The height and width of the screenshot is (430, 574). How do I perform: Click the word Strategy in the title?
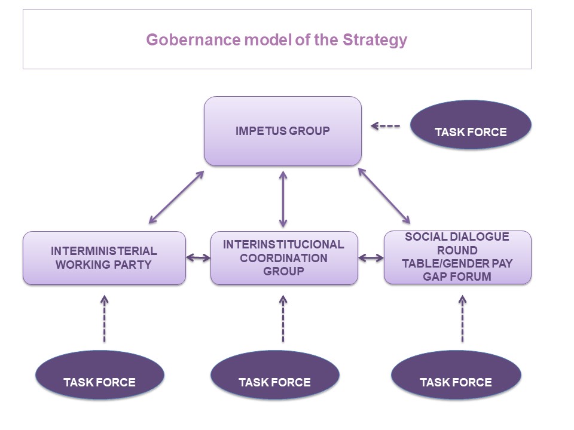click(x=375, y=41)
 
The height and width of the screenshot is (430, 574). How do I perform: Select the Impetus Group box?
click(x=282, y=131)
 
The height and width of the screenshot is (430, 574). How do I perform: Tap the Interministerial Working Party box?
click(x=104, y=258)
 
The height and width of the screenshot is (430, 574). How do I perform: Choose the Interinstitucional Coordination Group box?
click(x=283, y=258)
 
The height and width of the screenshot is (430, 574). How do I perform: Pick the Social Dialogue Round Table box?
click(x=457, y=257)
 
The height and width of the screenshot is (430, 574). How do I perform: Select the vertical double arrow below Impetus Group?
click(x=283, y=198)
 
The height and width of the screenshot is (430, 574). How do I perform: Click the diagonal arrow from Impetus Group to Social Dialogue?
click(x=384, y=196)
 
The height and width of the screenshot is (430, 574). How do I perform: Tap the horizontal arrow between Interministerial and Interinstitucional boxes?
click(x=199, y=258)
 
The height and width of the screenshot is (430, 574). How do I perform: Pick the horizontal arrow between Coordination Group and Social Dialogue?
click(x=371, y=258)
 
